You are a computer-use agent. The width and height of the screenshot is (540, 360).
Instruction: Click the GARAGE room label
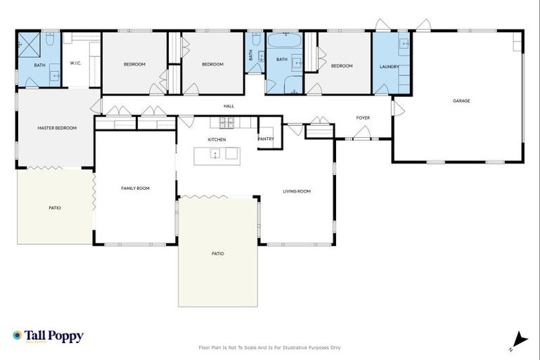point(461,101)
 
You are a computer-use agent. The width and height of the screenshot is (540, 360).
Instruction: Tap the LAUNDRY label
point(389,67)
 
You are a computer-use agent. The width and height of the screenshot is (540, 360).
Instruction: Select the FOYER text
point(363,117)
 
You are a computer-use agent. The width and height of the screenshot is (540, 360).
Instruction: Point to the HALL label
point(229,106)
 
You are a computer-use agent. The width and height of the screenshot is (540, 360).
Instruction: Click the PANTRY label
point(266,139)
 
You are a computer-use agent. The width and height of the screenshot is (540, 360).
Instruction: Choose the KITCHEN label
point(217,140)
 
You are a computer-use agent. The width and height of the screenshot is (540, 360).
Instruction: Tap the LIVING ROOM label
point(297,191)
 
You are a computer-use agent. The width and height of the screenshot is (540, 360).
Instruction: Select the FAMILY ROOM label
point(135,188)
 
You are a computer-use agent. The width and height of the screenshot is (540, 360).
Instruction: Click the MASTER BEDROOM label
point(57,128)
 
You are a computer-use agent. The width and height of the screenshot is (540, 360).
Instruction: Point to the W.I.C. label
point(76,63)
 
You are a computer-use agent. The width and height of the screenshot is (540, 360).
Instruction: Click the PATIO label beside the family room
point(54,207)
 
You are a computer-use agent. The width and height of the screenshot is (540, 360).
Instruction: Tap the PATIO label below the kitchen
point(218,253)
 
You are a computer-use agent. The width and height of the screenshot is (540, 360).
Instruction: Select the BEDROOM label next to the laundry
point(342,66)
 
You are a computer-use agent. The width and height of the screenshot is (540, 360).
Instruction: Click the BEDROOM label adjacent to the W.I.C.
point(134,65)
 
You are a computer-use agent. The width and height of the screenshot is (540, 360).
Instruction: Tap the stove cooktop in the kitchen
point(227,123)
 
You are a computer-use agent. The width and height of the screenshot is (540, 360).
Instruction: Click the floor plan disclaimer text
point(270,347)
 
